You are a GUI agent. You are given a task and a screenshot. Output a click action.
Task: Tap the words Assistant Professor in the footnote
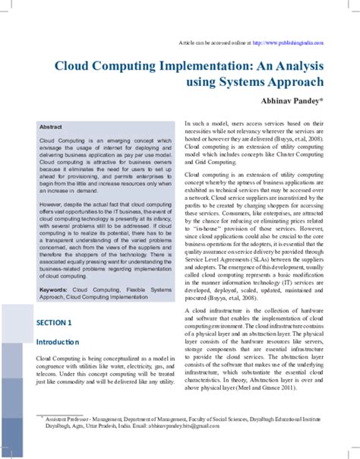(63, 419)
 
